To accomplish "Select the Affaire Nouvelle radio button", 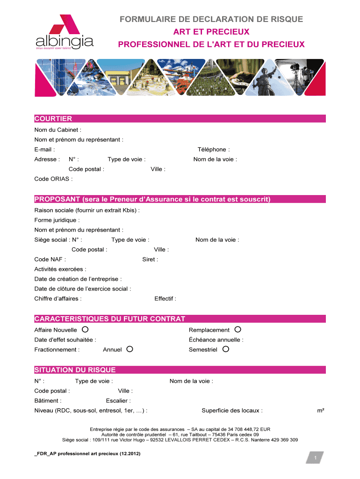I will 85,329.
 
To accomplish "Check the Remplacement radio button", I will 238,329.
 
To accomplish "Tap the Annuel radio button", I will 130,349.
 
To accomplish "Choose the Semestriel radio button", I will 225,349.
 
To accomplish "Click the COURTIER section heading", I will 53,119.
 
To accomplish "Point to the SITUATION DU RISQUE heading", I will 75,370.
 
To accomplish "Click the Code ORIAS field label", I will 53,179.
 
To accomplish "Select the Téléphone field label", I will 214,150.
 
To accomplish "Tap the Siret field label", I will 150,259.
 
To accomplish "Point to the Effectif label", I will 165,298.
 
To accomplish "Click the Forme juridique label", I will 57,220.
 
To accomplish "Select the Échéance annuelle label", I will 216,340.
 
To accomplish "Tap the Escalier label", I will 118,400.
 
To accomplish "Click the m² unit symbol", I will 321,411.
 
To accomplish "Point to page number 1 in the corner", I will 316,458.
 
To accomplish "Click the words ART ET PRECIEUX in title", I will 211,32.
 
